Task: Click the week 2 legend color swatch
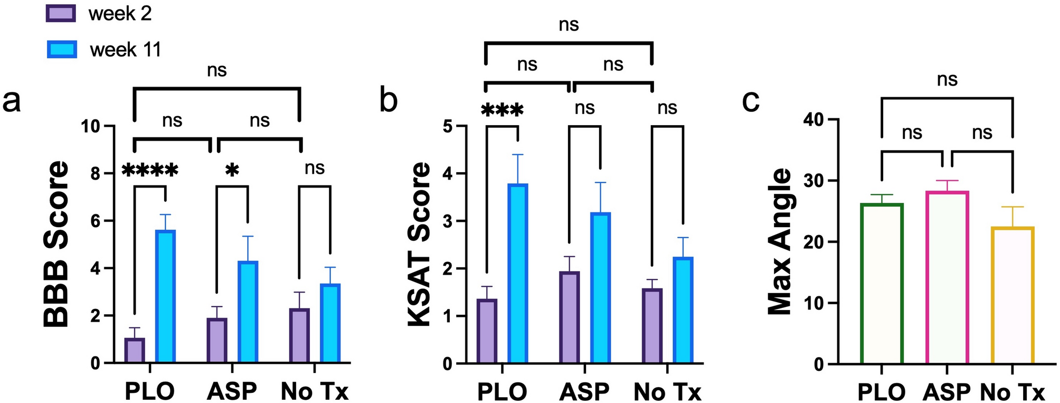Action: [61, 13]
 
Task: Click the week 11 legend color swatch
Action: [62, 49]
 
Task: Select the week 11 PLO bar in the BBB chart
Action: [165, 296]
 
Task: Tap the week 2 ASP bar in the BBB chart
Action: [216, 340]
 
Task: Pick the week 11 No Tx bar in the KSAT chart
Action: [683, 310]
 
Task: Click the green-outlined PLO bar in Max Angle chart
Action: [882, 284]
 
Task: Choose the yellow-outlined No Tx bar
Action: [1012, 295]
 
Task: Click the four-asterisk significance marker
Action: [150, 171]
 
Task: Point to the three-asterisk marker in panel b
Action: [502, 110]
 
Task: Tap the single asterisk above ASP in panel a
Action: [232, 171]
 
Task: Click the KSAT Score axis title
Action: [421, 244]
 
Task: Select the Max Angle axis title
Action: [780, 241]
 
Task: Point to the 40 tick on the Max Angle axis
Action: [813, 120]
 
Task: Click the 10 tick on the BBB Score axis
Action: [90, 126]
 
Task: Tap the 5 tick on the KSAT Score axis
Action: [447, 126]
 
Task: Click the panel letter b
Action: [389, 100]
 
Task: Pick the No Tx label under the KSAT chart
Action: [667, 392]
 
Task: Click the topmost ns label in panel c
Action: [947, 80]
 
